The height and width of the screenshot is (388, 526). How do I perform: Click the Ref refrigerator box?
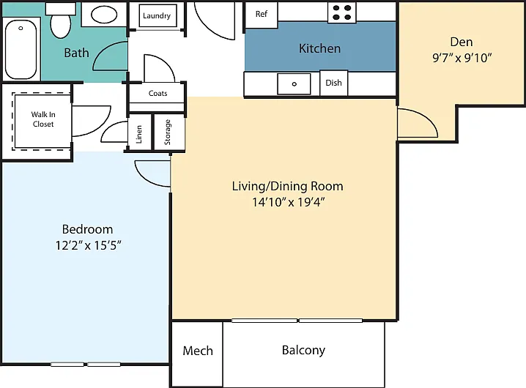[x=262, y=15]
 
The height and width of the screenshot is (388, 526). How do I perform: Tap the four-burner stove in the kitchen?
[x=342, y=12]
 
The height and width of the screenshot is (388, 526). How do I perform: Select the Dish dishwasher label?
[x=333, y=83]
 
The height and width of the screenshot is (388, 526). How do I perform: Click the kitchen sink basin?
[x=294, y=84]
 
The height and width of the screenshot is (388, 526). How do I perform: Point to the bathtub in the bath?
[x=21, y=49]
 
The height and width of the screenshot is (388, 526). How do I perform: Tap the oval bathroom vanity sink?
[x=104, y=15]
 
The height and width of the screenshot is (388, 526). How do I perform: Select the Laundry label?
[x=157, y=16]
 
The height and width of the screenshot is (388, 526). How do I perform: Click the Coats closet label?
[x=158, y=93]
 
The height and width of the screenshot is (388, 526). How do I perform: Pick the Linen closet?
[x=139, y=133]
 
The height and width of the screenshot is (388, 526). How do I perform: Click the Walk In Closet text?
[x=43, y=119]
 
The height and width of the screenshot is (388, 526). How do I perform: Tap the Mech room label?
[x=198, y=351]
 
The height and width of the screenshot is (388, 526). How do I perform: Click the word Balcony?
[x=303, y=351]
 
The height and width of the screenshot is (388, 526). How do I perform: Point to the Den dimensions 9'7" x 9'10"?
[x=462, y=58]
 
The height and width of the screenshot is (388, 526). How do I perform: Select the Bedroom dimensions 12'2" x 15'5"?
[x=88, y=245]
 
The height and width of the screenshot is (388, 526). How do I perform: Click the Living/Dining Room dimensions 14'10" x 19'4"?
[x=289, y=202]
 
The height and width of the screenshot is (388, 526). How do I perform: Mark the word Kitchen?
[x=319, y=48]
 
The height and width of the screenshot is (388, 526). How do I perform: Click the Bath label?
[x=76, y=53]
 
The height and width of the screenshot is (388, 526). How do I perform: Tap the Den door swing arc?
[x=426, y=116]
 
